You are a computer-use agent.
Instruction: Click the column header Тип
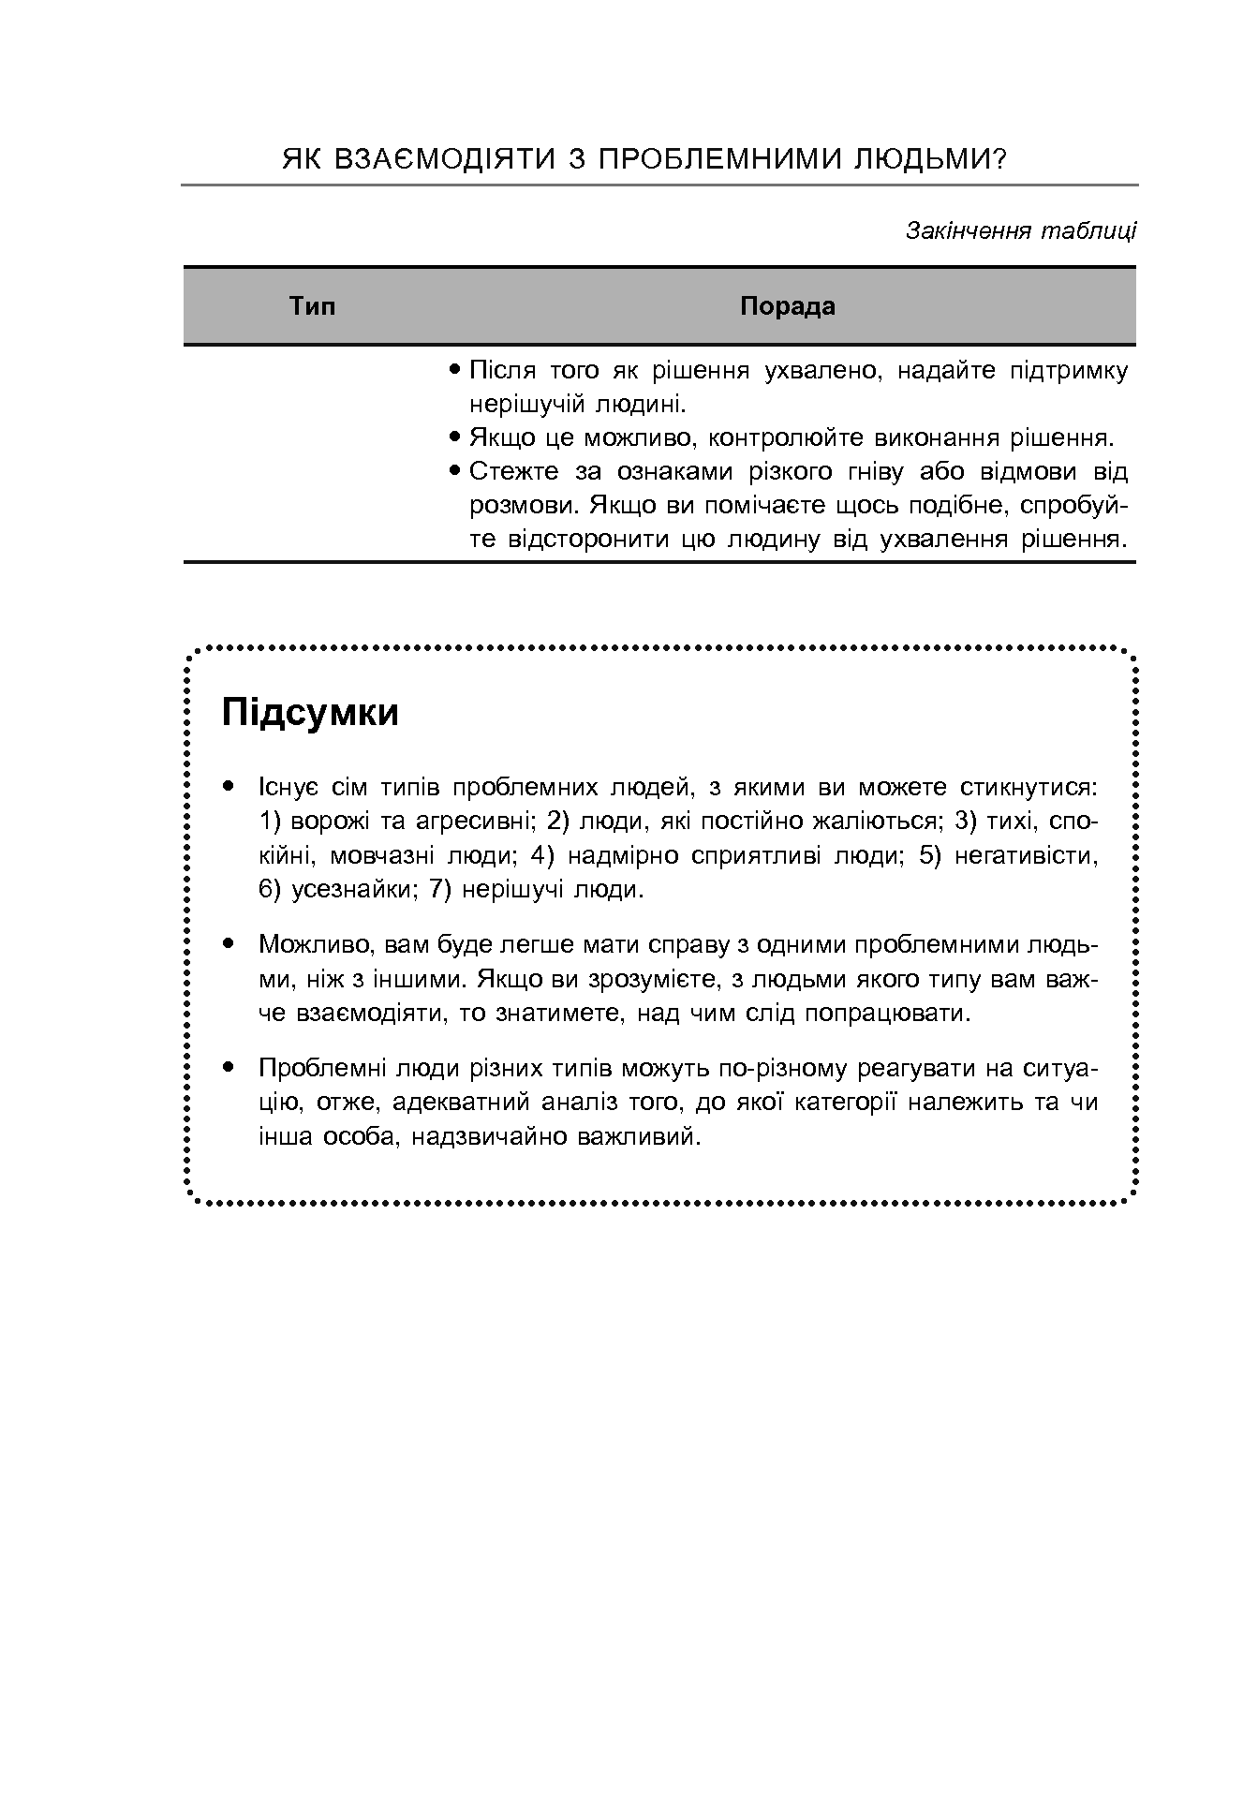(x=312, y=306)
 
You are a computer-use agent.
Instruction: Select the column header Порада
(x=787, y=306)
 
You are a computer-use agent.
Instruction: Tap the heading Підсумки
(x=310, y=713)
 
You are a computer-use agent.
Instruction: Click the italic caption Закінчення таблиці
(x=1020, y=230)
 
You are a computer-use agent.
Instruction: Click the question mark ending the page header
(x=999, y=160)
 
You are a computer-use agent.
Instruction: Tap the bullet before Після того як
(x=455, y=370)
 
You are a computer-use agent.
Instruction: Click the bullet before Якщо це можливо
(x=455, y=437)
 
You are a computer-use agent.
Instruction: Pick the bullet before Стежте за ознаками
(x=455, y=471)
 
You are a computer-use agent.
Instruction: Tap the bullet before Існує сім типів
(x=228, y=787)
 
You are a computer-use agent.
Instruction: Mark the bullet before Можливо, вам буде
(x=228, y=944)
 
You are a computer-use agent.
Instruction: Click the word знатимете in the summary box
(x=562, y=1013)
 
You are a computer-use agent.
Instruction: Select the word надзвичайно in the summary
(x=490, y=1136)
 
